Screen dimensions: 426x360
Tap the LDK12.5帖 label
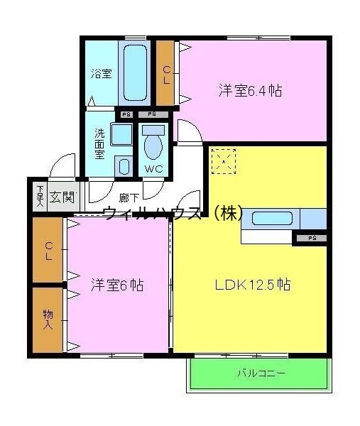point(252,285)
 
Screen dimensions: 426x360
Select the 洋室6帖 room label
point(116,285)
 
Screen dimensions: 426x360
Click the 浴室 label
point(101,73)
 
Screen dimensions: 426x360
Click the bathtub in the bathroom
point(134,74)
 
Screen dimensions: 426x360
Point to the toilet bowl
point(153,146)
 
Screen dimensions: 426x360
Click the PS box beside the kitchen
point(311,239)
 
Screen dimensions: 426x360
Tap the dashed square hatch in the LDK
point(224,161)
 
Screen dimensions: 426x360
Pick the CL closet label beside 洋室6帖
point(48,251)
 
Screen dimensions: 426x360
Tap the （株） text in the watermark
point(227,212)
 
